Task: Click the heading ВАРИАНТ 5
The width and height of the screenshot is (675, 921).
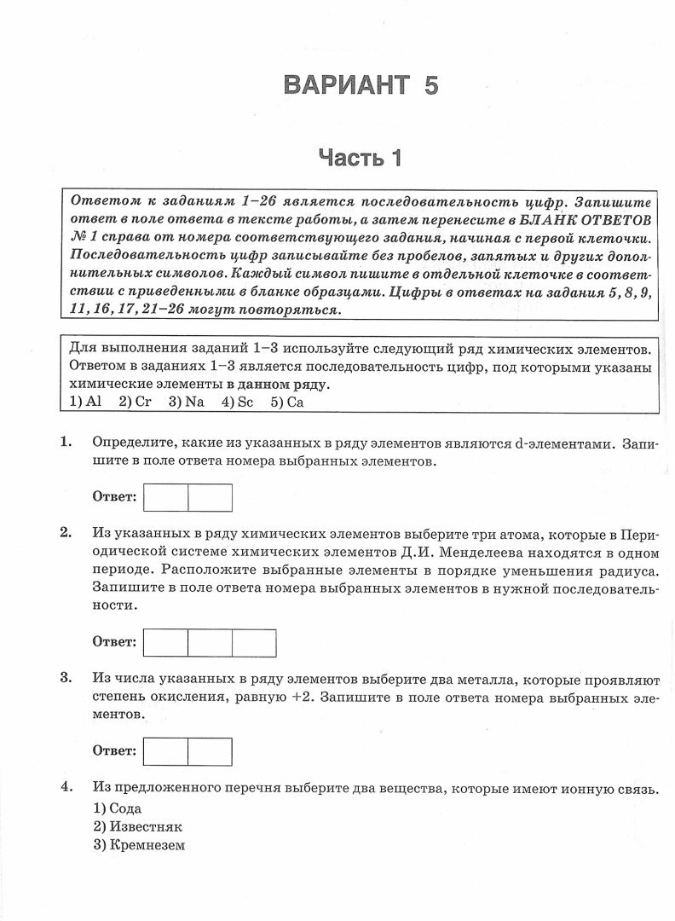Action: pos(361,85)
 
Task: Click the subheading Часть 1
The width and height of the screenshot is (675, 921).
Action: pos(359,158)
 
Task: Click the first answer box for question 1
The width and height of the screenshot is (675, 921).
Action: pos(165,497)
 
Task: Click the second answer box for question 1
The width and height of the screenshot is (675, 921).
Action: pos(210,497)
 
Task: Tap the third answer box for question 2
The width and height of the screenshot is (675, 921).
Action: pos(254,642)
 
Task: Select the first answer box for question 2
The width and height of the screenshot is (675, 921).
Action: pos(165,642)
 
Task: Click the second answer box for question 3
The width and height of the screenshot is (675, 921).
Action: pos(210,751)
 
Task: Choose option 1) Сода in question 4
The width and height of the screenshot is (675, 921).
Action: pos(117,808)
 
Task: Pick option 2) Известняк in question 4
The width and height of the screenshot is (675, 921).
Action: pos(137,826)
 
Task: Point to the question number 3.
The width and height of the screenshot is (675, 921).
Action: pos(65,678)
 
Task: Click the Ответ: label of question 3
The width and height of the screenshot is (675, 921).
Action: pos(114,751)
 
